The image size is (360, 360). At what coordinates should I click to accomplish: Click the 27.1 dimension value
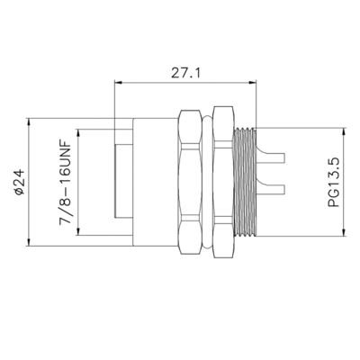185,73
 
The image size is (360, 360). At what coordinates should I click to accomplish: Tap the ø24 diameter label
19,182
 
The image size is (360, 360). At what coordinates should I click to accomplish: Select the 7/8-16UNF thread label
66,182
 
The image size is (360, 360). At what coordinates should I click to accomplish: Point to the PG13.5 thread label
333,182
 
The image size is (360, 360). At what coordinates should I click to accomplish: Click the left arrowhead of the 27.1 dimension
119,82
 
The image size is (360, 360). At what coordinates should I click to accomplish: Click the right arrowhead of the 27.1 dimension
253,82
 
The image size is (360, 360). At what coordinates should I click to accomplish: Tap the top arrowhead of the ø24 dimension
29,122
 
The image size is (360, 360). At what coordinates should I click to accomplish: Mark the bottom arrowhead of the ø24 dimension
29,242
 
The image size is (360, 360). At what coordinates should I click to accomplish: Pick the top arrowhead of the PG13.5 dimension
344,132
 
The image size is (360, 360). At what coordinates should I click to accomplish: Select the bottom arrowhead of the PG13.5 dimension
344,232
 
